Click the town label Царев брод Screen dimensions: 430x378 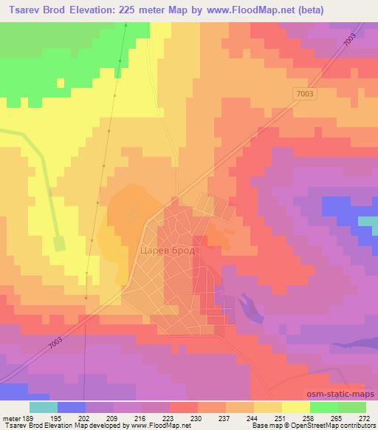(168, 251)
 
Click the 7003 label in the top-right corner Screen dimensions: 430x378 (358, 46)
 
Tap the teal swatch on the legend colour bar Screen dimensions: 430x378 (44, 406)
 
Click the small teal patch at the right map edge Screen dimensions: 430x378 (368, 221)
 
